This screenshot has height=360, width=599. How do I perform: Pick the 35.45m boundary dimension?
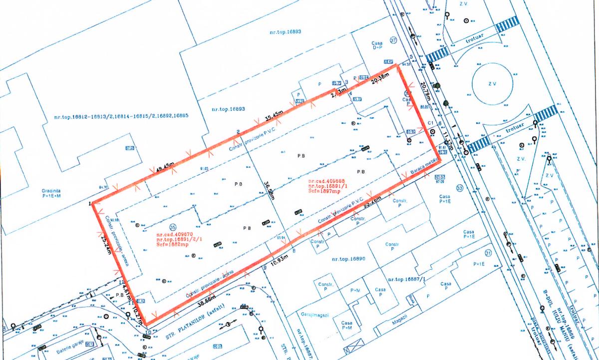tap(274, 116)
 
